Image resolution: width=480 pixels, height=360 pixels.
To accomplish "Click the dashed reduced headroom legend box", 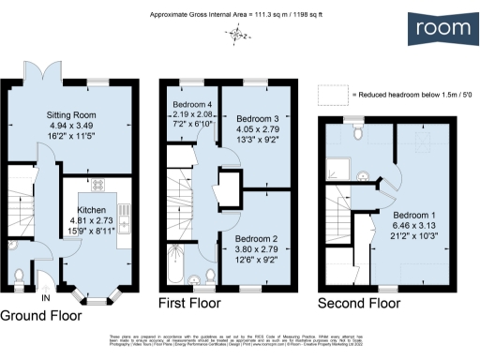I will pos(331,96).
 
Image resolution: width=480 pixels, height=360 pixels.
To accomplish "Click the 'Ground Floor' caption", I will pos(44,315).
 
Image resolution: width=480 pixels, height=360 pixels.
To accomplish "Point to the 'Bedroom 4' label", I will pos(193,103).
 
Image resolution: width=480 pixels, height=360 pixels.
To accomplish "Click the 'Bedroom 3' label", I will pos(255,120).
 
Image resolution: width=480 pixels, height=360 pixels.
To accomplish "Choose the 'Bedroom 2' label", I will pos(255,239).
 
